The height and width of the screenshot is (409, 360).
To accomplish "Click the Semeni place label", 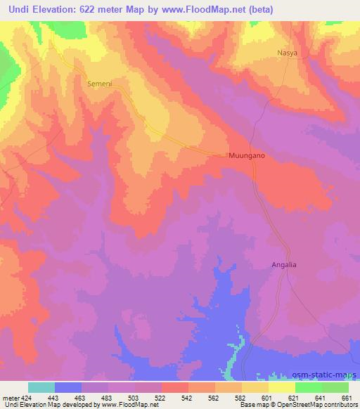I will [x=100, y=83].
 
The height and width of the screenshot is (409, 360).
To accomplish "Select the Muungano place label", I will [x=247, y=155].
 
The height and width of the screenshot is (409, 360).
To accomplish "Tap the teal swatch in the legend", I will [x=41, y=387].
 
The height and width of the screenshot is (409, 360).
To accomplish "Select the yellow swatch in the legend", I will [x=282, y=387].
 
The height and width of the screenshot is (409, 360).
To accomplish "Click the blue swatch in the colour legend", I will [x=68, y=387].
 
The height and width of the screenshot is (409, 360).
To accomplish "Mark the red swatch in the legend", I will [x=175, y=387].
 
